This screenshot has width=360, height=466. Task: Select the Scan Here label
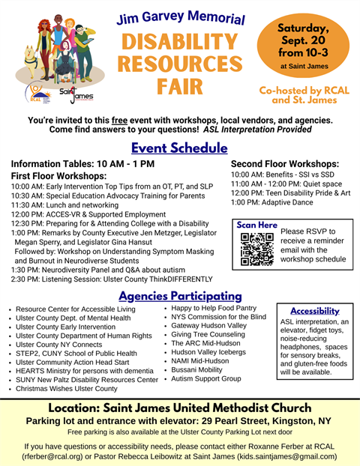click(x=256, y=225)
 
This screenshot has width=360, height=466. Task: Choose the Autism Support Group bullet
click(x=206, y=380)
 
